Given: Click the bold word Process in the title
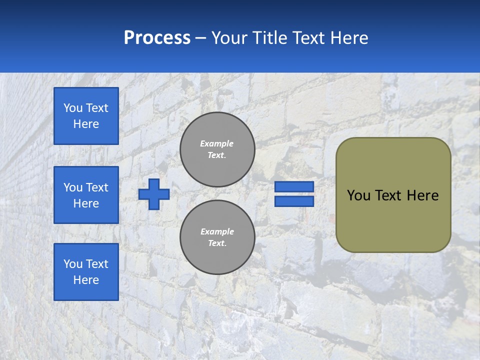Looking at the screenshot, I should (157, 38).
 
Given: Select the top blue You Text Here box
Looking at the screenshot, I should (86, 116).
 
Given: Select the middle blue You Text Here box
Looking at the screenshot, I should (86, 195).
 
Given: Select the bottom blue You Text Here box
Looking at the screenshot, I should (86, 272).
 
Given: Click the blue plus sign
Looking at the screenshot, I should (154, 194).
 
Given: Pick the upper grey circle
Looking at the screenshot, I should (217, 149).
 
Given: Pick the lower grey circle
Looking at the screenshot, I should (217, 237).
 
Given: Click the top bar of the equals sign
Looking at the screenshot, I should (294, 186).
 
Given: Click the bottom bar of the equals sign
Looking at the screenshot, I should (294, 201).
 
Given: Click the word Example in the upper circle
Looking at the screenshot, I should (217, 143).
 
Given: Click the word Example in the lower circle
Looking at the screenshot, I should (217, 231).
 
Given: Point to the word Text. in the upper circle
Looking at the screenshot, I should (217, 155).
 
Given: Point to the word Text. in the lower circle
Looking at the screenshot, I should (217, 243).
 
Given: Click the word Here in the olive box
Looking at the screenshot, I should (422, 195).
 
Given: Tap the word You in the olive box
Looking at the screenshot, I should (358, 195).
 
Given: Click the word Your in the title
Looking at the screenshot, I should (229, 38).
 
